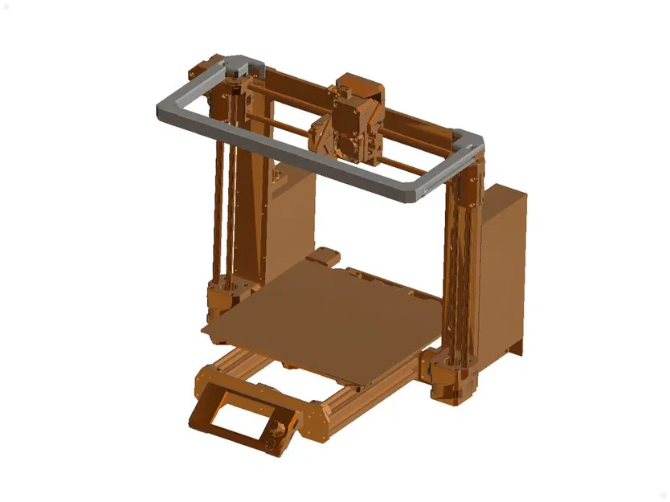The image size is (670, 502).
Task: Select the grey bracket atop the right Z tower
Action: pos(470,140)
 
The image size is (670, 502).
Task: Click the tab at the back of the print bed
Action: pos(321,257)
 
